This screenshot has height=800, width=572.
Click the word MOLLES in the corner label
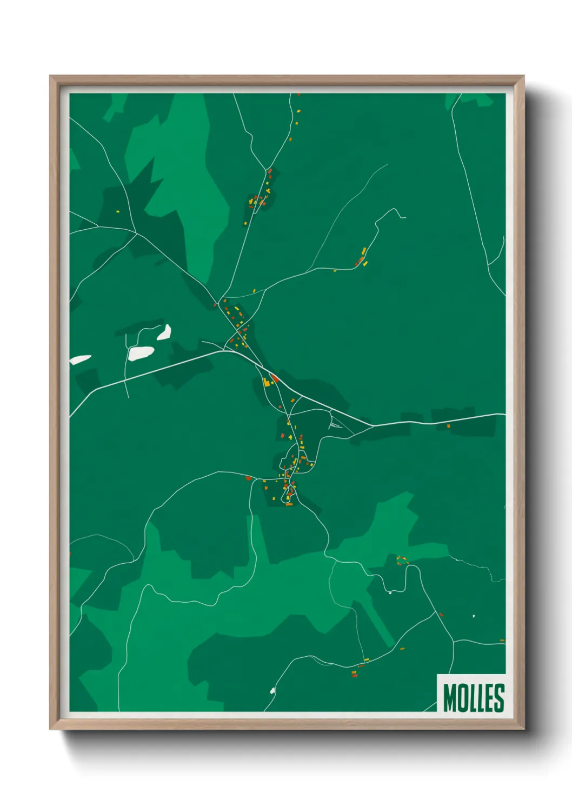click(474, 697)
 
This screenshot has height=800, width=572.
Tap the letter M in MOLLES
click(450, 698)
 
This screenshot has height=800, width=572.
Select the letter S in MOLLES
click(499, 698)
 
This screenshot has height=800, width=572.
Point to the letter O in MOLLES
click(463, 698)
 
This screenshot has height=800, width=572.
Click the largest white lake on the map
click(141, 353)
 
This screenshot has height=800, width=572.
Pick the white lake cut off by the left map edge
click(79, 359)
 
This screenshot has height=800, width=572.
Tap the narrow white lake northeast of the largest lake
click(164, 332)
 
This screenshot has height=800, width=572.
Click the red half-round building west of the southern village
click(248, 478)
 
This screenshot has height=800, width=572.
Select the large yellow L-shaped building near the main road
click(267, 382)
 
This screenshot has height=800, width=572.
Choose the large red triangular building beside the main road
click(274, 378)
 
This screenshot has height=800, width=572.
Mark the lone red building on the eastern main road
click(448, 426)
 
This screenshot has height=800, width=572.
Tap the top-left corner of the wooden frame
click(51, 77)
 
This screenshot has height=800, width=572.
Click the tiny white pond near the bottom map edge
click(272, 690)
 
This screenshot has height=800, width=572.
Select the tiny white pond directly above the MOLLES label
click(474, 616)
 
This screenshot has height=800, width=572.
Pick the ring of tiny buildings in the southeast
click(402, 561)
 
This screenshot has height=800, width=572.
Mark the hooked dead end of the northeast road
click(402, 217)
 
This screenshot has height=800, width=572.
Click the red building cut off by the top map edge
click(298, 95)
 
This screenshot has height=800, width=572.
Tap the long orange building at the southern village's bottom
click(289, 504)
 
